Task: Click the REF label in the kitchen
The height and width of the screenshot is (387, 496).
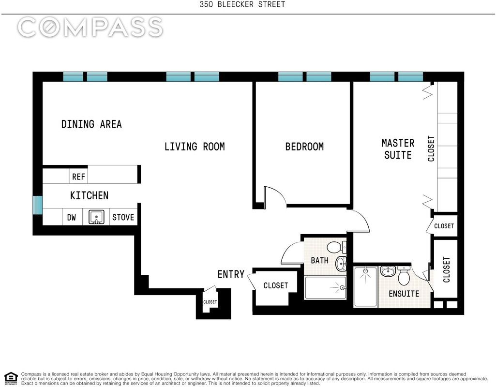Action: (x=78, y=177)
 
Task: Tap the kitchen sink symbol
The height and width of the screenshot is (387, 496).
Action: (x=96, y=217)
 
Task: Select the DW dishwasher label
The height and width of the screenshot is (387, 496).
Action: (x=72, y=217)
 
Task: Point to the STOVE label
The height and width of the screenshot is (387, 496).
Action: (x=123, y=217)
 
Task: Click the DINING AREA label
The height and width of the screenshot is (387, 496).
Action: (x=91, y=124)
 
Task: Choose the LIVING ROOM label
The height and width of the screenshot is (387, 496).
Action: (x=195, y=147)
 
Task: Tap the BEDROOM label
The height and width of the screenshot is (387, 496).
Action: (x=304, y=147)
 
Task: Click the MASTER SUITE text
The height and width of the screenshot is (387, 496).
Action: (x=398, y=149)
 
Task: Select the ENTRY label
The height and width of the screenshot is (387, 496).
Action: (x=231, y=274)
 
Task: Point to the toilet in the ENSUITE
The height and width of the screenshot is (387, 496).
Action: (x=404, y=275)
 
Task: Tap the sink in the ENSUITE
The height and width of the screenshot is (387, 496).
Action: (x=388, y=271)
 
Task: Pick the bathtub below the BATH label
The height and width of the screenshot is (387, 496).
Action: (x=325, y=287)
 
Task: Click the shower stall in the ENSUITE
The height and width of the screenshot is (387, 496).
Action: (x=366, y=287)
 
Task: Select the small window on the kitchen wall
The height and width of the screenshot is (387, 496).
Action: (x=38, y=205)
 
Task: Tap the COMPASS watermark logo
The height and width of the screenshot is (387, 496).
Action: (x=90, y=27)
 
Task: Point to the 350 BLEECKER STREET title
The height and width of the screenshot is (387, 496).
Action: (x=242, y=4)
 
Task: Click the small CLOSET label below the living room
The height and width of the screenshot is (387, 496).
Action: (x=210, y=302)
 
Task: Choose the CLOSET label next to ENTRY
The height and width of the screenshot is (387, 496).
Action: (x=275, y=285)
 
